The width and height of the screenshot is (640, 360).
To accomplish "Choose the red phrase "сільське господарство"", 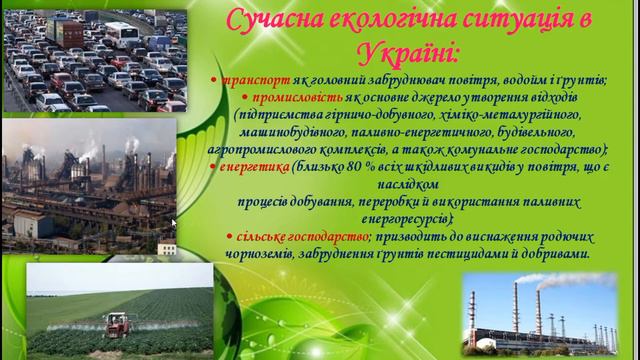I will click(x=289, y=237).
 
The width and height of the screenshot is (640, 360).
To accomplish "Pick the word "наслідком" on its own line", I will click(x=409, y=185).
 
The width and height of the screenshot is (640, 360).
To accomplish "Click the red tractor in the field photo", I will click(x=118, y=323).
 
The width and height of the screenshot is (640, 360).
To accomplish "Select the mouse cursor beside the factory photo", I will click(x=174, y=223).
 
